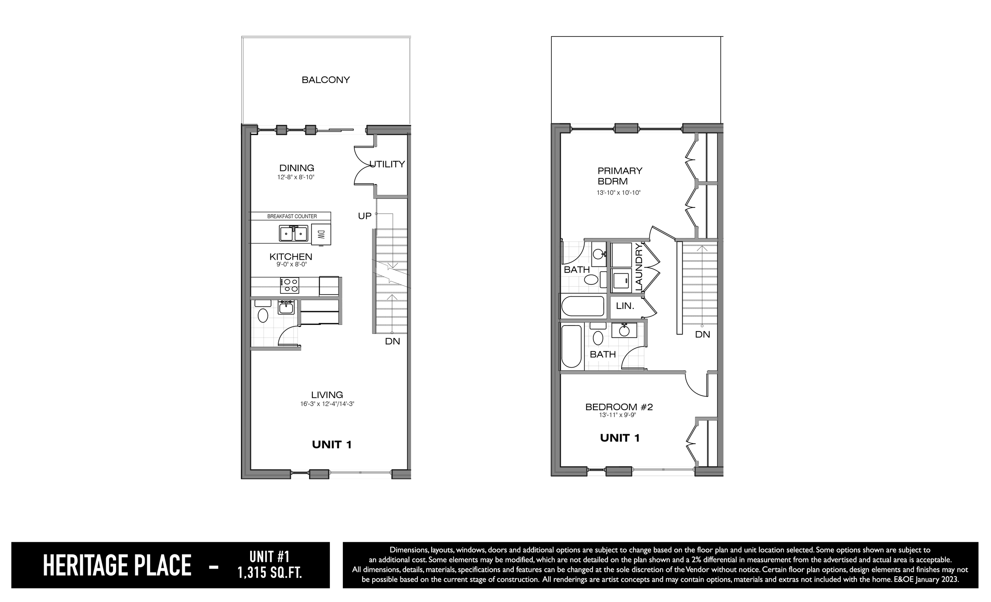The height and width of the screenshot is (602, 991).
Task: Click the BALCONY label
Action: (326, 80)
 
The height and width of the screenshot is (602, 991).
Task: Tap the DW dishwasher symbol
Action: (321, 235)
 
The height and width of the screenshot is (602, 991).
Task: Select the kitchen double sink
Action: (294, 234)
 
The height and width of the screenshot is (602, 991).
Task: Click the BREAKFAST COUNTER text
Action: (292, 217)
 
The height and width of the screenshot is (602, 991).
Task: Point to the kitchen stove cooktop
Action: (290, 285)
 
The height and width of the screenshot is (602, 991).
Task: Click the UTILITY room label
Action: (387, 164)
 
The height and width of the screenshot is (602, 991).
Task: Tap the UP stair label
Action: (365, 216)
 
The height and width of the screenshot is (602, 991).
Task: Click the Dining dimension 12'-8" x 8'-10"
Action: (296, 177)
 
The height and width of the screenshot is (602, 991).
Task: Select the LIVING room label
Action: (327, 395)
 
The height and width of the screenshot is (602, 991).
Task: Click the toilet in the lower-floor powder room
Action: (263, 315)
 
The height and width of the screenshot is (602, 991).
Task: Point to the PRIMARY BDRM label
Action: (620, 176)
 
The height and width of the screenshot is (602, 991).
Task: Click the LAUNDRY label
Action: (639, 267)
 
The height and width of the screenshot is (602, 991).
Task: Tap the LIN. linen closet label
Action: (625, 306)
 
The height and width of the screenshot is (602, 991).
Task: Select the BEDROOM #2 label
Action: (619, 407)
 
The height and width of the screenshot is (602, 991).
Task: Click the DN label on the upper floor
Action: (703, 334)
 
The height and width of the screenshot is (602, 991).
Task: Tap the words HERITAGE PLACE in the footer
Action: (117, 566)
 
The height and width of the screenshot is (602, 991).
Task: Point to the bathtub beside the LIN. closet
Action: (583, 306)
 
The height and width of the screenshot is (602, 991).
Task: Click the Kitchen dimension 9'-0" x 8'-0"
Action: (292, 265)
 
